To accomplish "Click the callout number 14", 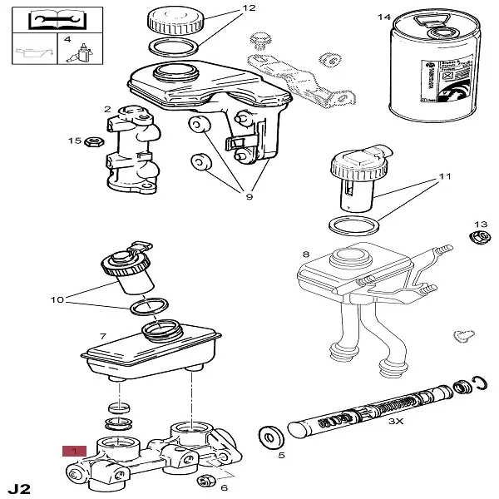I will [383, 17].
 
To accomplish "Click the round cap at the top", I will [175, 18].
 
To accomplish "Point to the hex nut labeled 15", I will [94, 141].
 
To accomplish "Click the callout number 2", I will [107, 109].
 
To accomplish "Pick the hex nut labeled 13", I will [479, 239].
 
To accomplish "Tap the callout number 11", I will [445, 176].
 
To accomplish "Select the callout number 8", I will [306, 254].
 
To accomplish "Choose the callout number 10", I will [57, 299].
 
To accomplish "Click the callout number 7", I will [103, 337].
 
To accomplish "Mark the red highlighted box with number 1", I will [74, 451].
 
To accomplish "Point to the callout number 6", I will [224, 487].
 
